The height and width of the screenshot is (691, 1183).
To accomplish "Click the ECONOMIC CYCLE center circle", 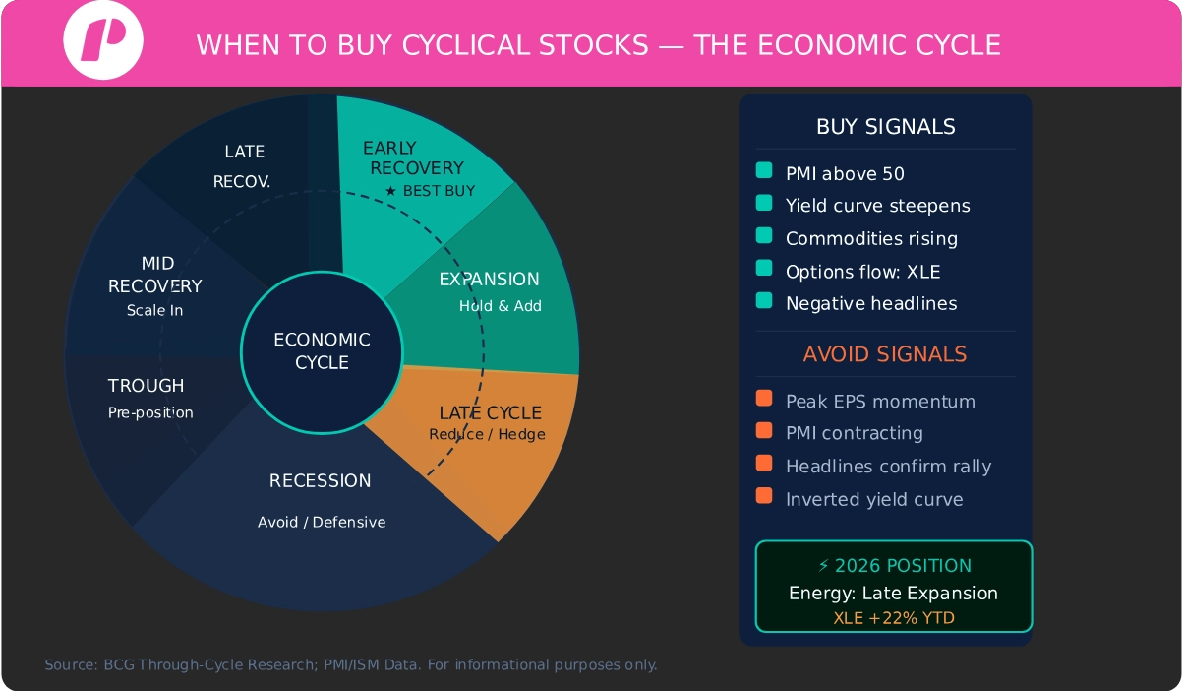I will click(x=322, y=350).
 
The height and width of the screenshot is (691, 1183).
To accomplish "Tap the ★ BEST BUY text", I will click(x=430, y=191).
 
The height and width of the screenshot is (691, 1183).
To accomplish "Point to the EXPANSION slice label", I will click(x=489, y=280).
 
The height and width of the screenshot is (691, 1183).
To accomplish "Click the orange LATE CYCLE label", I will click(x=490, y=412).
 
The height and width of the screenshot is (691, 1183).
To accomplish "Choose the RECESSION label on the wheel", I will click(x=321, y=480).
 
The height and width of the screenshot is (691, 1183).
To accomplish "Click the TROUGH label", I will click(x=147, y=386).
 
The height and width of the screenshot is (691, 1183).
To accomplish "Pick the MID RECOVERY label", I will click(x=154, y=275).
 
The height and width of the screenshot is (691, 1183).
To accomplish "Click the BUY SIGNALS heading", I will click(x=885, y=127).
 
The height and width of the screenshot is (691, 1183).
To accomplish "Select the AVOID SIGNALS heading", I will click(x=885, y=354).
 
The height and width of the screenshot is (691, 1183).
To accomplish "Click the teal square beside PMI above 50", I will click(x=764, y=172).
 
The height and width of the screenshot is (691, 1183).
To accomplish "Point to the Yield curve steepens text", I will click(x=877, y=206).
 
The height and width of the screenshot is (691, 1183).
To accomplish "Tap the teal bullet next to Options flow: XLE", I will click(x=764, y=270).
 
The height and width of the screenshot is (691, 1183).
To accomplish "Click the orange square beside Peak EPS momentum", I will click(x=764, y=400).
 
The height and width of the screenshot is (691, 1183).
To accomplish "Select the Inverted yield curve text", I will click(x=874, y=499).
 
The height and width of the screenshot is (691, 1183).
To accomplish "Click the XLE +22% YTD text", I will click(x=893, y=618).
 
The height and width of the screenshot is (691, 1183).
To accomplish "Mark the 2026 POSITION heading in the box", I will click(x=894, y=566).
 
